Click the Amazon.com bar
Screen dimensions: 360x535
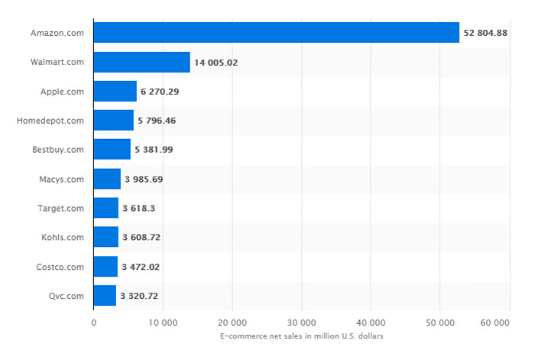point(276,33)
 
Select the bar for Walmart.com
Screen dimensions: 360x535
point(141,62)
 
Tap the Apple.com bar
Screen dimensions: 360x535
point(115,91)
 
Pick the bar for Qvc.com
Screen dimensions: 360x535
point(105,295)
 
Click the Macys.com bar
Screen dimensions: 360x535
point(107,179)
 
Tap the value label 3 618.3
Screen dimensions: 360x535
point(141,208)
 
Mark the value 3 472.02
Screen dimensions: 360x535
point(141,267)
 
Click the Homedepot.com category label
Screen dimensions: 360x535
point(50,121)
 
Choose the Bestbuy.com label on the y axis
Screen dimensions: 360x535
point(57,150)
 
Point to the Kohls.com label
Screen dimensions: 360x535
point(62,237)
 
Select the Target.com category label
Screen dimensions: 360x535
point(60,208)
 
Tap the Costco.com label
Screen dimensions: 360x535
point(60,267)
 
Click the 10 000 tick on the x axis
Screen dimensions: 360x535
point(163,323)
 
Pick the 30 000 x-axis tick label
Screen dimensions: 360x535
point(302,323)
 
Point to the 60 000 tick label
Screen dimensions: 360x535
point(495,323)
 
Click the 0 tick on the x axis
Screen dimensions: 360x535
point(93,323)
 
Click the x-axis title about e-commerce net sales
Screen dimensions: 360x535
point(301,336)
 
